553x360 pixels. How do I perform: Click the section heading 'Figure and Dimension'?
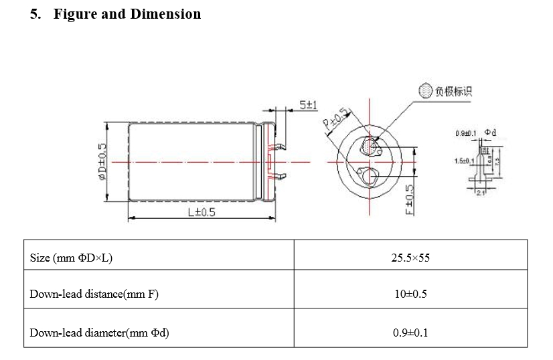(x=127, y=14)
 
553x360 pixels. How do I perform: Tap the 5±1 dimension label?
(x=309, y=105)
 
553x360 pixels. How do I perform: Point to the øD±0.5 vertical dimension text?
(x=102, y=163)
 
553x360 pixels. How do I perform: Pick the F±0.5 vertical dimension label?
(x=410, y=201)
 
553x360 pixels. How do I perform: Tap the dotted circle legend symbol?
(x=425, y=90)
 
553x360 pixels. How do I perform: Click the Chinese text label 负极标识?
(x=453, y=91)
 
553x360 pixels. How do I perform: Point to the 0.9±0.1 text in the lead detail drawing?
(x=465, y=133)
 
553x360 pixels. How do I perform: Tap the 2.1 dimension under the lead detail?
(x=480, y=193)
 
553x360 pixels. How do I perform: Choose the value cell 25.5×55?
(x=410, y=258)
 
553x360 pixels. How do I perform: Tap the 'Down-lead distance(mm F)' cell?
(x=94, y=294)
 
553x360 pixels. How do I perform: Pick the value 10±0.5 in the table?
(x=410, y=294)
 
